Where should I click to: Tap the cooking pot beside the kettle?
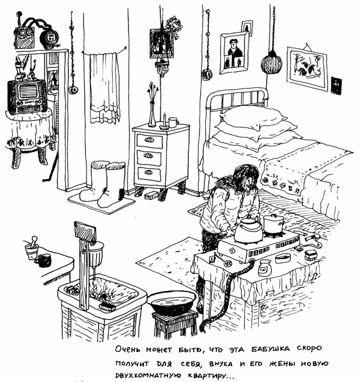click(274, 223)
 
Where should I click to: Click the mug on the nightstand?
click(173, 122)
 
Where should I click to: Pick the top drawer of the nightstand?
click(150, 141)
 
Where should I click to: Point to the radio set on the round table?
click(27, 97)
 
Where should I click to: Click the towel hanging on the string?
click(104, 88)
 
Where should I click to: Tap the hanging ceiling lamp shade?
click(271, 62)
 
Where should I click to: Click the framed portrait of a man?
click(234, 53)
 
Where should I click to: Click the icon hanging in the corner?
click(162, 43)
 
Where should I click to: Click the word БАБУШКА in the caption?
click(271, 349)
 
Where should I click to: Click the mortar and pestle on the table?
click(32, 248)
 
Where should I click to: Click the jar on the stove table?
click(264, 268)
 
